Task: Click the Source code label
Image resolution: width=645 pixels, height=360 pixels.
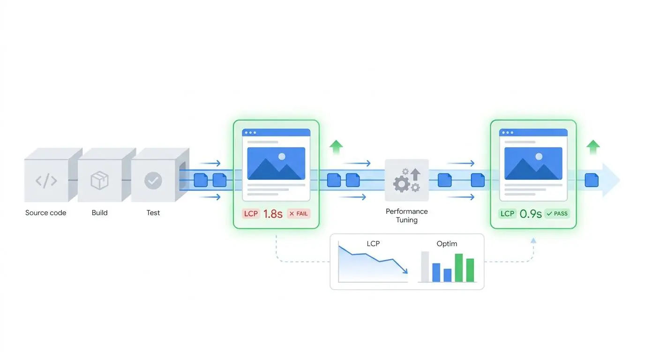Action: click(x=45, y=213)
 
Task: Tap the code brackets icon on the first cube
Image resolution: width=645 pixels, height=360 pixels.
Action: click(x=46, y=180)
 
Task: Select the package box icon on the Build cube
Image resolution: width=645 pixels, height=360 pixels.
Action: click(x=100, y=180)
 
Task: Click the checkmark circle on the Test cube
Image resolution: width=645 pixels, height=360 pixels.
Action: click(x=153, y=180)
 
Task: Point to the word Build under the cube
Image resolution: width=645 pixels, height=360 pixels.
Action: click(x=100, y=213)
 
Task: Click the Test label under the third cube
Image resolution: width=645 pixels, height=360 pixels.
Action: click(x=153, y=213)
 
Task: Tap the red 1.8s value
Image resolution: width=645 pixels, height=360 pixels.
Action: click(x=273, y=214)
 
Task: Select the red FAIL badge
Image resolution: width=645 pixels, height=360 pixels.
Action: click(x=299, y=214)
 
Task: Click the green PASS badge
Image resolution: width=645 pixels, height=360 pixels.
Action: click(x=557, y=214)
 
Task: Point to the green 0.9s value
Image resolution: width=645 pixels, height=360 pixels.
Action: click(x=531, y=214)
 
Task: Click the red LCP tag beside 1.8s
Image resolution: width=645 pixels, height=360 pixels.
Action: click(x=251, y=214)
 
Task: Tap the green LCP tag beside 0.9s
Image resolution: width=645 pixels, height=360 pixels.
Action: click(x=507, y=214)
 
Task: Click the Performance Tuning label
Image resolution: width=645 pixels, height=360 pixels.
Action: click(x=406, y=216)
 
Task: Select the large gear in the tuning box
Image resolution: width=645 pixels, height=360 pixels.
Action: click(x=401, y=184)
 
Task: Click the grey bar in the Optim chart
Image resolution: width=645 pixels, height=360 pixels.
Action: click(x=425, y=267)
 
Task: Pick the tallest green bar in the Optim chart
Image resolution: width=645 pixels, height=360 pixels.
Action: click(x=459, y=268)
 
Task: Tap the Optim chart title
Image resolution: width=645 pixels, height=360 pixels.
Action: click(x=447, y=244)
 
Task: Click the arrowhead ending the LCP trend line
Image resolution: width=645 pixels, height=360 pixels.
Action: click(x=405, y=271)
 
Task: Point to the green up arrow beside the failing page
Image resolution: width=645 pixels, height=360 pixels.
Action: click(x=336, y=147)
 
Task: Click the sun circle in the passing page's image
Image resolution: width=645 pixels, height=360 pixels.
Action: click(x=539, y=157)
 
